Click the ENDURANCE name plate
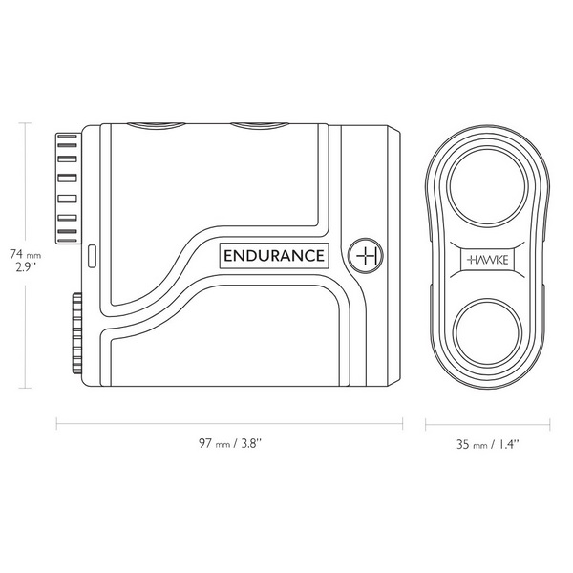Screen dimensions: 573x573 click(x=275, y=256)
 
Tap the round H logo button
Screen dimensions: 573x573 click(x=366, y=255)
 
